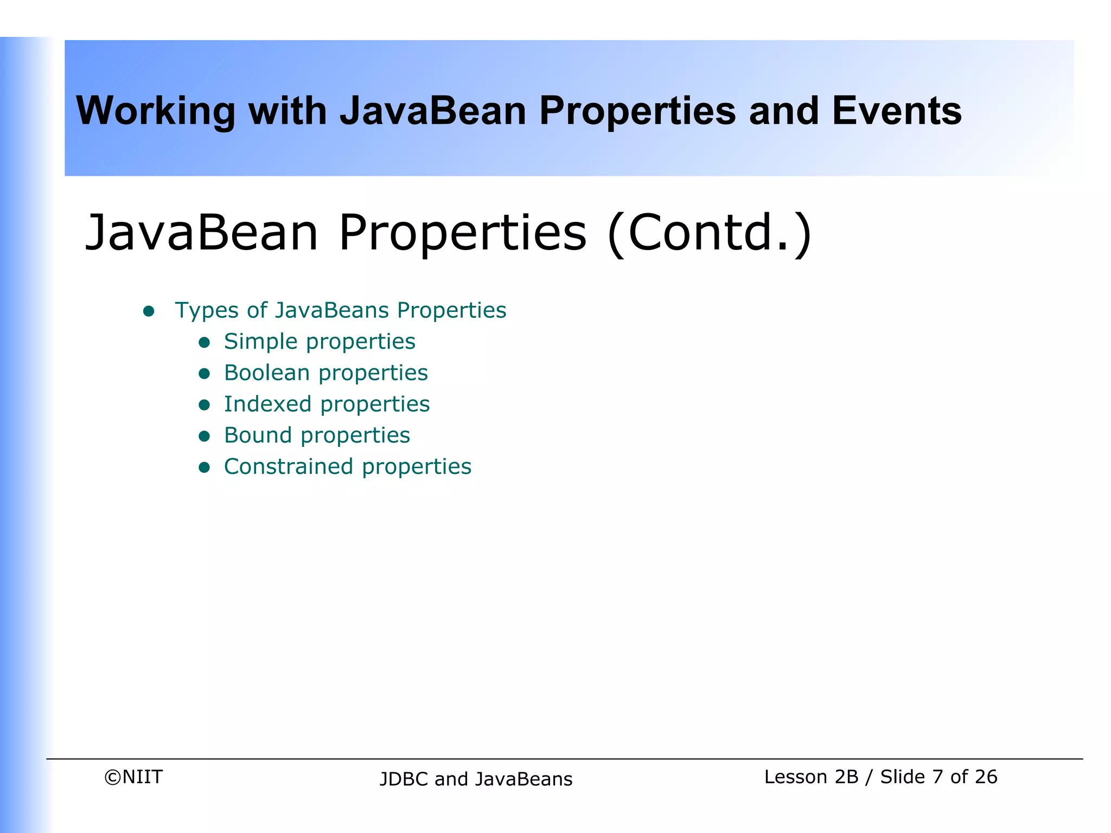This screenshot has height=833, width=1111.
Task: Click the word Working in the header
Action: point(156,111)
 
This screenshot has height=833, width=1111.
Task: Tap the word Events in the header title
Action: point(896,111)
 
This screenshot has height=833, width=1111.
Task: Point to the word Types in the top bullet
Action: point(207,311)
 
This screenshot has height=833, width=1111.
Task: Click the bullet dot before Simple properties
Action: point(204,342)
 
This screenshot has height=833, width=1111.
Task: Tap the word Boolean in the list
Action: point(267,373)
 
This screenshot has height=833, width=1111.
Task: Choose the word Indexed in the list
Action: point(268,404)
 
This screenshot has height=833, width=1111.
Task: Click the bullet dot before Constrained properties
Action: point(204,467)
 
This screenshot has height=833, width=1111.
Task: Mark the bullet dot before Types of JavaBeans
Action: point(149,311)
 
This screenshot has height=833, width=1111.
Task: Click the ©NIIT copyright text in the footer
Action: point(133,777)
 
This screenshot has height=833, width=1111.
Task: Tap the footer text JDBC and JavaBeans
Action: point(476,779)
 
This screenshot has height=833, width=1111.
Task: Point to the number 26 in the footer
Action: point(985,777)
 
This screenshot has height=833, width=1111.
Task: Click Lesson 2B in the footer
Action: point(811,777)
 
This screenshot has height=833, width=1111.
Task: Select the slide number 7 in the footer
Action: point(937,777)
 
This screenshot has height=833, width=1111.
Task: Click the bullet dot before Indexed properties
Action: point(204,405)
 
